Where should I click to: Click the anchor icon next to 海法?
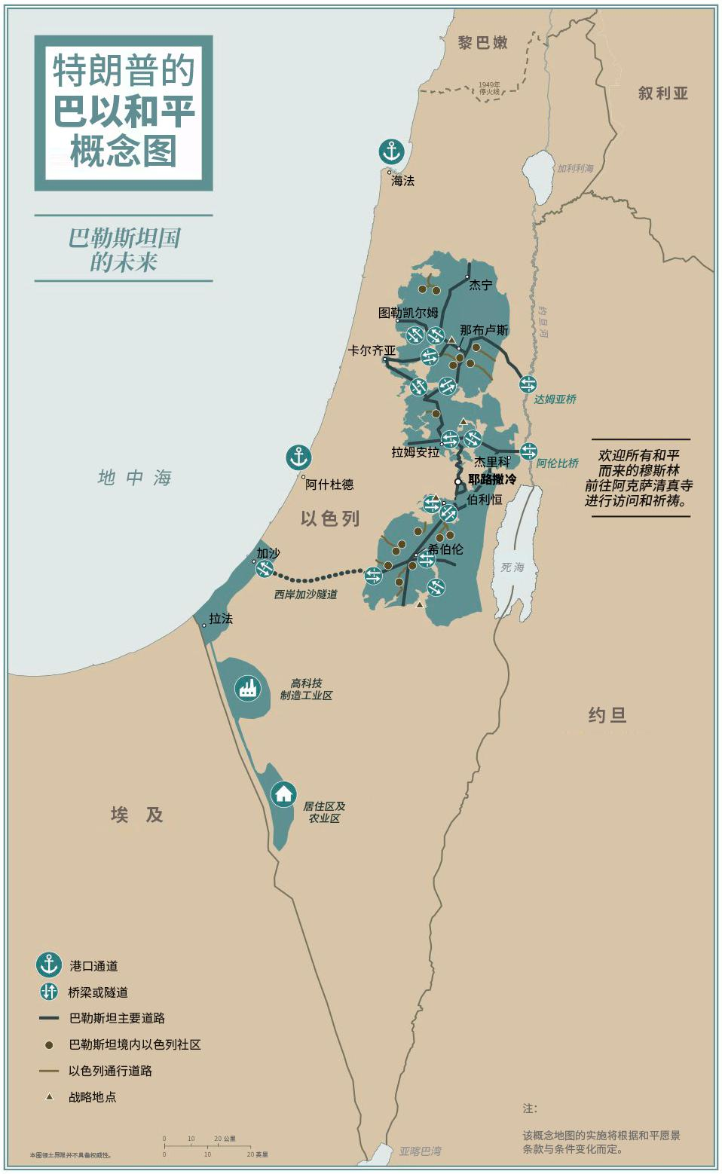[x=391, y=151]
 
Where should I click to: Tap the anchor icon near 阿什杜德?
[x=298, y=457]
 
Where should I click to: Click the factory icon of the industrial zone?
[x=247, y=687]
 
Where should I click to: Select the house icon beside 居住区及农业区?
[x=283, y=793]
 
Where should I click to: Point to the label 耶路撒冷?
[x=492, y=479]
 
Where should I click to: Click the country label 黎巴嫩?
[x=482, y=43]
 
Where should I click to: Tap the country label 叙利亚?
[x=663, y=93]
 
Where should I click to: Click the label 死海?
[x=512, y=567]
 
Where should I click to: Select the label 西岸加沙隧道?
[x=305, y=595]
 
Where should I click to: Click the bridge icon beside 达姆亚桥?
[x=528, y=384]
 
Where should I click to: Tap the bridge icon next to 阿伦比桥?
[x=528, y=451]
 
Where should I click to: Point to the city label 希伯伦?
[x=445, y=549]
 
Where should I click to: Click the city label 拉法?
[x=221, y=619]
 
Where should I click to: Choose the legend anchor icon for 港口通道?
[x=49, y=965]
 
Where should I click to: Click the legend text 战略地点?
[x=92, y=1097]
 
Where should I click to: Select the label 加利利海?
[x=575, y=169]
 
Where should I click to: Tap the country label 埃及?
[x=136, y=815]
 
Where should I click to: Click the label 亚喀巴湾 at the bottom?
[x=420, y=1151]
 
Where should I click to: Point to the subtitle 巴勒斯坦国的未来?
[x=124, y=249]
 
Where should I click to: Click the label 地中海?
[x=135, y=478]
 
